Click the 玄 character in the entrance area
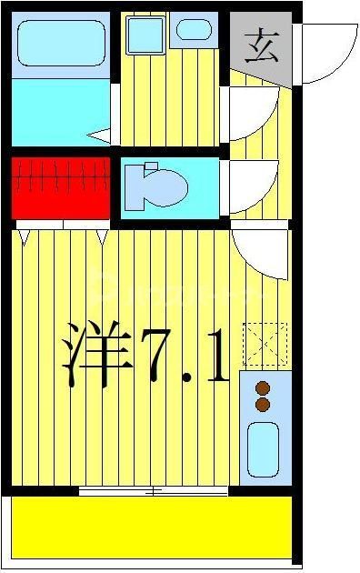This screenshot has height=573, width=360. click(261, 45)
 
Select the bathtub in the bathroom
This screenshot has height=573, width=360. click(60, 43)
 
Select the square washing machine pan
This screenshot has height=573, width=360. click(143, 35)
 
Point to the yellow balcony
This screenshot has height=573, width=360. click(151, 527)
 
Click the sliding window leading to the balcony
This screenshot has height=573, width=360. click(153, 491)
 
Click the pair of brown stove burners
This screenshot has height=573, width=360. click(264, 394)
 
